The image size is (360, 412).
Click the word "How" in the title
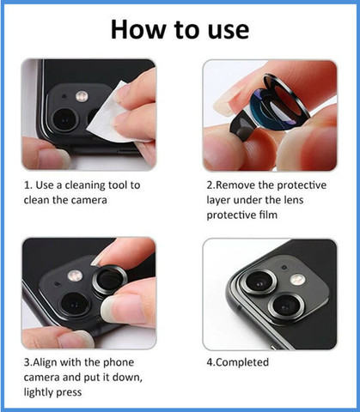pos(138,29)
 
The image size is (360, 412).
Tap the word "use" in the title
pos(229,31)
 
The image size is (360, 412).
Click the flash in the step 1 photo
pos(82,96)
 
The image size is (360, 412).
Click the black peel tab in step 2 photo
pos(244,126)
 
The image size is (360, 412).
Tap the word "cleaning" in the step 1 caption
pos(85,185)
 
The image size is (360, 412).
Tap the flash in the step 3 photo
pos(75,276)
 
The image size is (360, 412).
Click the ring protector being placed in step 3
pos(110,280)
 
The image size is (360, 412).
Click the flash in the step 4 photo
pos(297,279)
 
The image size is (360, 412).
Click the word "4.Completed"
pos(238,363)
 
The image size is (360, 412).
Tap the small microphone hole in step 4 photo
pos(284,268)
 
